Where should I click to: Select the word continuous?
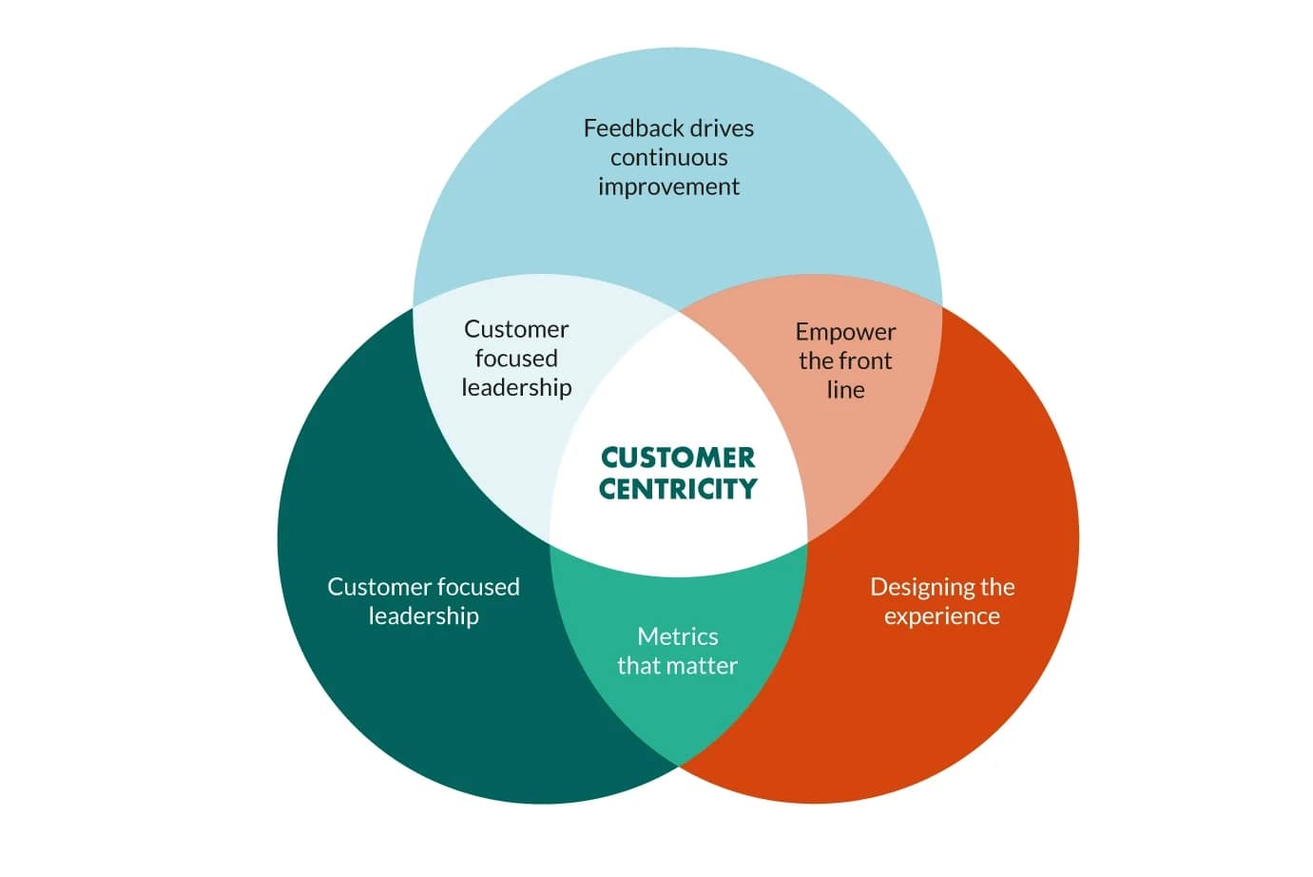[x=668, y=158]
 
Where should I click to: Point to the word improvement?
[x=668, y=187]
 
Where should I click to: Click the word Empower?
[x=845, y=333]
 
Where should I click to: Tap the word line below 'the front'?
[x=845, y=390]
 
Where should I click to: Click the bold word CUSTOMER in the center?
[x=678, y=458]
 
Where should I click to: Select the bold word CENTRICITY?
[x=678, y=489]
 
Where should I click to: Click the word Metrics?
[x=677, y=636]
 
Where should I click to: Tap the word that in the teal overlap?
[x=639, y=666]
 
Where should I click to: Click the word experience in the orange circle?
[x=941, y=616]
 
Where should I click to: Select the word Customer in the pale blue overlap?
[x=516, y=329]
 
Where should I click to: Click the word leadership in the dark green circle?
[x=423, y=616]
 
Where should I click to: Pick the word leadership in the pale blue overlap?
[x=516, y=388]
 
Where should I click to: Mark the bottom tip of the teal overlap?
[x=678, y=765]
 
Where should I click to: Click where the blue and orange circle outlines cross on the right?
[x=941, y=305]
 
